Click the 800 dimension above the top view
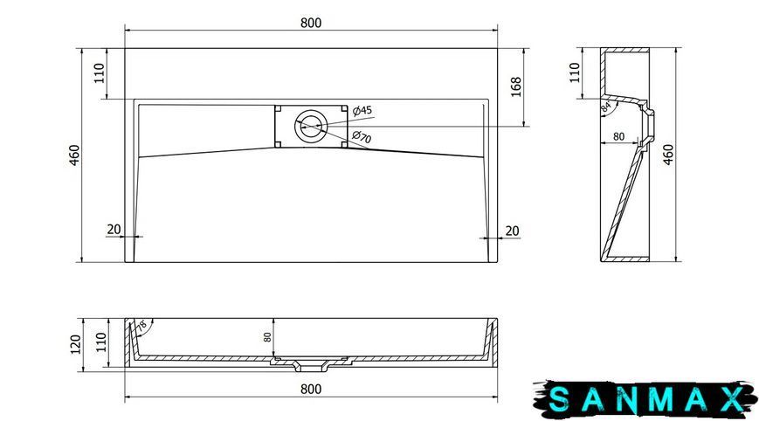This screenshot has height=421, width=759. click(311, 23)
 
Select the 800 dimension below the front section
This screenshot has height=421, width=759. click(311, 389)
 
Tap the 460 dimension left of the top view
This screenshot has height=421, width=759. click(74, 155)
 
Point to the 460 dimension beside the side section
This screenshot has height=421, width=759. click(668, 155)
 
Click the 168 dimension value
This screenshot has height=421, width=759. click(516, 86)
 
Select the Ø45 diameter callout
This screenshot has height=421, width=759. click(362, 110)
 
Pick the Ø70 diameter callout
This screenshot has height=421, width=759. click(362, 137)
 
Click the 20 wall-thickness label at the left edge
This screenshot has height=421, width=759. click(114, 229)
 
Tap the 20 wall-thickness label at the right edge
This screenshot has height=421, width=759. click(512, 231)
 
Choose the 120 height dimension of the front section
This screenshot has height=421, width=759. click(76, 344)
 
